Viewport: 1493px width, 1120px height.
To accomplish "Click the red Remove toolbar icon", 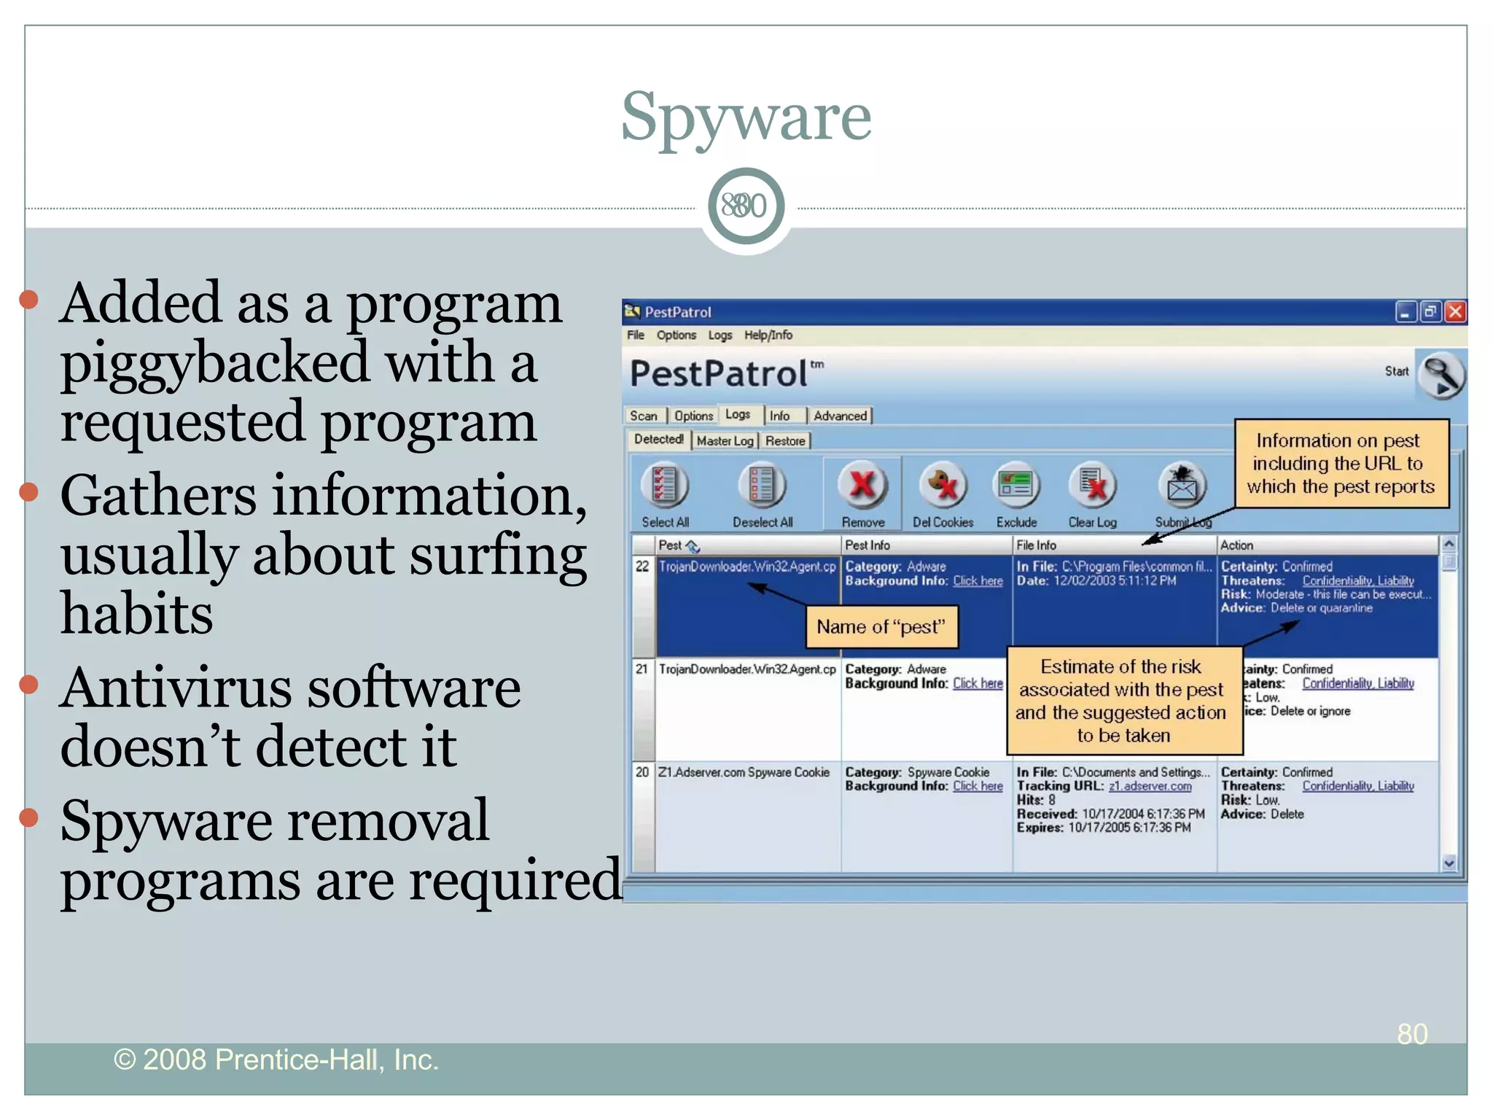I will click(x=862, y=485).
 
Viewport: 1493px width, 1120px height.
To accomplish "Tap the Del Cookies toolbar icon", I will click(x=942, y=485).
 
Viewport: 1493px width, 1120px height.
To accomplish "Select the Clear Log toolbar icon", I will click(x=1092, y=485).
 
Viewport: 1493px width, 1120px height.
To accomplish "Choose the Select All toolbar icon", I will click(x=664, y=485).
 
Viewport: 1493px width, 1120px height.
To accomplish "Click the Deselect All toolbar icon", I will click(x=762, y=485).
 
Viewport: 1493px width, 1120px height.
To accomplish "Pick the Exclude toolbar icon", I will click(x=1016, y=485).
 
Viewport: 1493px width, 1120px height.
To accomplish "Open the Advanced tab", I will click(x=840, y=416).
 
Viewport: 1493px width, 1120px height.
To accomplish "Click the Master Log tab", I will click(x=725, y=440).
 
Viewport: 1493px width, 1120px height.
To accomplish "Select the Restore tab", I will click(x=785, y=440).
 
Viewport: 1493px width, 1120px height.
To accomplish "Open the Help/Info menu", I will click(x=768, y=335).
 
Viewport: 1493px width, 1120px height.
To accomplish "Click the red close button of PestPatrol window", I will click(x=1455, y=312).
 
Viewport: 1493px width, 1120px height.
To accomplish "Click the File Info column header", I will click(x=1036, y=545).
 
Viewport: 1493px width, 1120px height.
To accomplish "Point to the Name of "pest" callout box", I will click(x=881, y=627).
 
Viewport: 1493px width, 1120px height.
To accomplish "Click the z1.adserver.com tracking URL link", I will click(x=1150, y=786).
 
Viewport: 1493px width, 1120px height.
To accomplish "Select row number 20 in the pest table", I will click(x=642, y=772).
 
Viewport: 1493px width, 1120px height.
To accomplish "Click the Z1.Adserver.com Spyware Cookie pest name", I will click(x=744, y=772).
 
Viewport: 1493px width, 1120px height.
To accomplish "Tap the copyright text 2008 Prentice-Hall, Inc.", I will click(x=276, y=1059).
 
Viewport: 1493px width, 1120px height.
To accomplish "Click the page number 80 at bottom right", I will click(x=1412, y=1034).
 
